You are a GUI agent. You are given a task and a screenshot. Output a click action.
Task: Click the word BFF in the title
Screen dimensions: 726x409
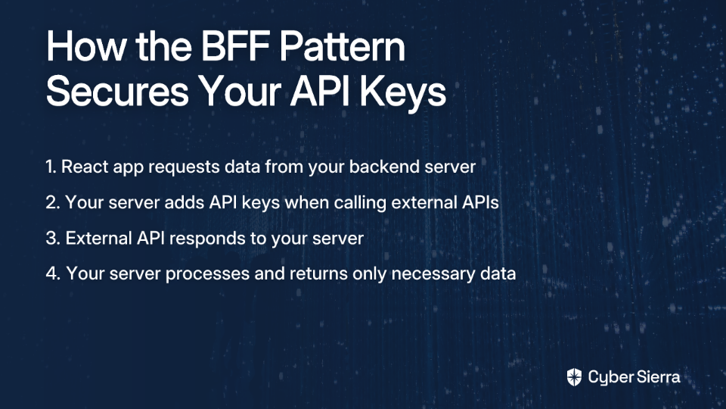click(x=234, y=47)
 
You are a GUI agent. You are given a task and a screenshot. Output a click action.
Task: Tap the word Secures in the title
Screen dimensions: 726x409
click(x=118, y=92)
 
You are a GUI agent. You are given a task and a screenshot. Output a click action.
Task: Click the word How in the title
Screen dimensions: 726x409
click(x=85, y=47)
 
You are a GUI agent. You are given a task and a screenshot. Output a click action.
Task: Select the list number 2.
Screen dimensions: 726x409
click(x=53, y=203)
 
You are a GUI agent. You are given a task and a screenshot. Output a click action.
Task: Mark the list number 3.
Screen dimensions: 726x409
click(x=53, y=239)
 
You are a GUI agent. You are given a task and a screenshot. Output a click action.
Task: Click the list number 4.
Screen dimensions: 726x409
click(x=53, y=273)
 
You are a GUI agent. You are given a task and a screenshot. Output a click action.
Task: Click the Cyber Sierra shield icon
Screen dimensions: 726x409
click(x=574, y=377)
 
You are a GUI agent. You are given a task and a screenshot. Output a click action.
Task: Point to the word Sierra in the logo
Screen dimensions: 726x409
click(x=657, y=376)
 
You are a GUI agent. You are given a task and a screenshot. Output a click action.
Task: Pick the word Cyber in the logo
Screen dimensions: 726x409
click(x=610, y=378)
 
